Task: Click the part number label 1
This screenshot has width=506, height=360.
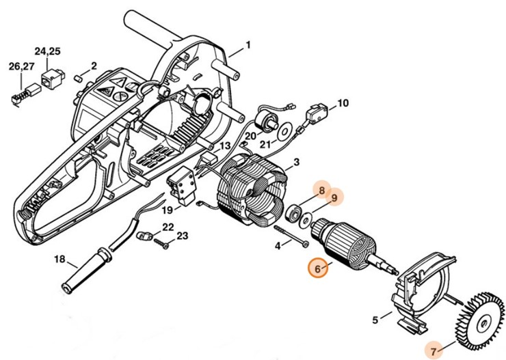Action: [x=248, y=45]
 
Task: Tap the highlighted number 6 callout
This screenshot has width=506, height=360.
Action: [x=318, y=268]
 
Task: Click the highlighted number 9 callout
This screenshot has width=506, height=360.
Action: [x=335, y=198]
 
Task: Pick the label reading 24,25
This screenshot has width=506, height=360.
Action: [x=48, y=51]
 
